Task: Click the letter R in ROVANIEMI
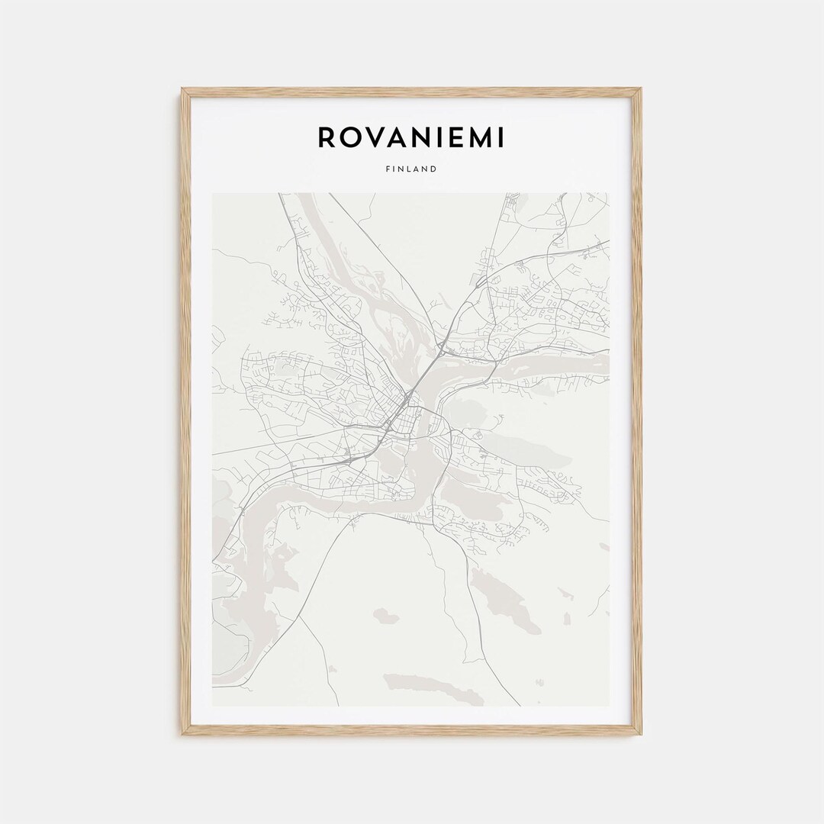[x=327, y=138]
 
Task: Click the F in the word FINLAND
[x=388, y=169]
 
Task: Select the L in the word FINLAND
[x=404, y=169]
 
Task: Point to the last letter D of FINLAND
[x=434, y=169]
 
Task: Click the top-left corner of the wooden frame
[x=182, y=89]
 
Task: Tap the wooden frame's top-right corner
[x=640, y=89]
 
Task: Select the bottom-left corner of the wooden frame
[x=182, y=734]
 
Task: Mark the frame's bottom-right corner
[x=640, y=734]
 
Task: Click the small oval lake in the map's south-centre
[x=385, y=614]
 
